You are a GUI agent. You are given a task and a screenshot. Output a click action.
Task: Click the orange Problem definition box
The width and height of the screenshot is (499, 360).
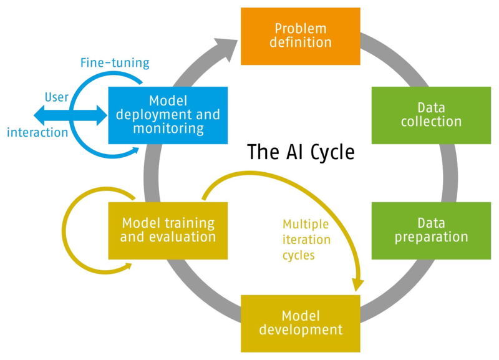pos(301,36)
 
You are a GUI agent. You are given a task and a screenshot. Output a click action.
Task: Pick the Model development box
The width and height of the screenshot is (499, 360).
pos(301,323)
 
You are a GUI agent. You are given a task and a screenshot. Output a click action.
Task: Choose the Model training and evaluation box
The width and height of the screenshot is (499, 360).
pos(168,230)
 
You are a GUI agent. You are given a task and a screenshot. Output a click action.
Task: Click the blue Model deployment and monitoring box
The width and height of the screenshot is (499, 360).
pos(168,115)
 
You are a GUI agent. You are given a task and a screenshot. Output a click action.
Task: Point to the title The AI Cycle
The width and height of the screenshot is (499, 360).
pos(301,152)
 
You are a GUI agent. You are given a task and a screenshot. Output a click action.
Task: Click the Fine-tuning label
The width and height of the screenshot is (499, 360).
pos(115,63)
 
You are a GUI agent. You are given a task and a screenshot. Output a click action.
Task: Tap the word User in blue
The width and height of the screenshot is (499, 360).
pos(56,97)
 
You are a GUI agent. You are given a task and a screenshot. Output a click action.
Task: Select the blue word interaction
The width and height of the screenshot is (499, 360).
pos(37,132)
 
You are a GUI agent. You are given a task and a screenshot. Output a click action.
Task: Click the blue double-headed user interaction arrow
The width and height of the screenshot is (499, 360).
pos(69,114)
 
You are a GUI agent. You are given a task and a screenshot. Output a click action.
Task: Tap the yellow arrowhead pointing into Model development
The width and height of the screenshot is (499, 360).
pos(357,285)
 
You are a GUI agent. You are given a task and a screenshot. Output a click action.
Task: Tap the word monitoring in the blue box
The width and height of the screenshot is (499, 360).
pos(168,129)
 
